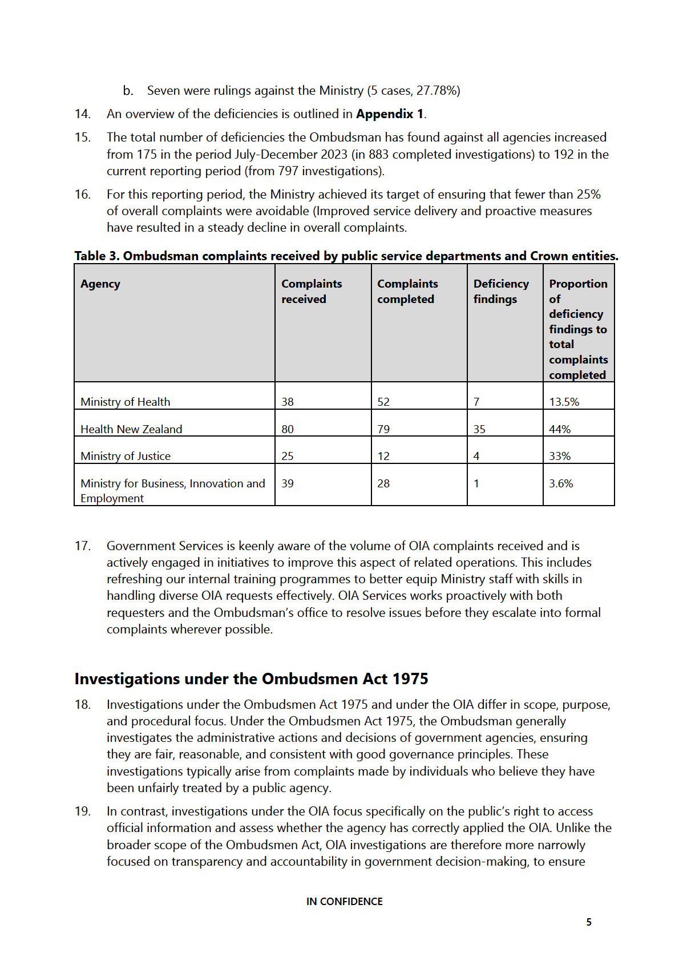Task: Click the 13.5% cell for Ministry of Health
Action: tap(564, 402)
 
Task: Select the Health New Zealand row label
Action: tap(131, 429)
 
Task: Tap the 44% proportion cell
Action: tap(560, 429)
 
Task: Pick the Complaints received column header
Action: tap(312, 292)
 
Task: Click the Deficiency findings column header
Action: tap(501, 292)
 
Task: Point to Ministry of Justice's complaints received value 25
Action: tap(288, 456)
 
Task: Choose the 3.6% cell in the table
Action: tap(561, 483)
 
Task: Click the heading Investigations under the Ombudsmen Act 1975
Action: tap(251, 679)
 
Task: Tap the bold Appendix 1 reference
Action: tap(390, 114)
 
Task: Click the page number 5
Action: tap(589, 922)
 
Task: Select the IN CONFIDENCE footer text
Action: tap(344, 902)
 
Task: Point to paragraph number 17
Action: tap(83, 546)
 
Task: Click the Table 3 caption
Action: tap(346, 256)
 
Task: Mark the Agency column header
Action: tap(100, 284)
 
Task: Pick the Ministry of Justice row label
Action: tap(126, 456)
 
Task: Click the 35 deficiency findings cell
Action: tap(479, 429)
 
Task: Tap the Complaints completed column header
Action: tap(407, 292)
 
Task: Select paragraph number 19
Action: tap(83, 811)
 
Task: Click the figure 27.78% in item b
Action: tap(437, 91)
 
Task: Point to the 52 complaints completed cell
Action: tap(383, 402)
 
